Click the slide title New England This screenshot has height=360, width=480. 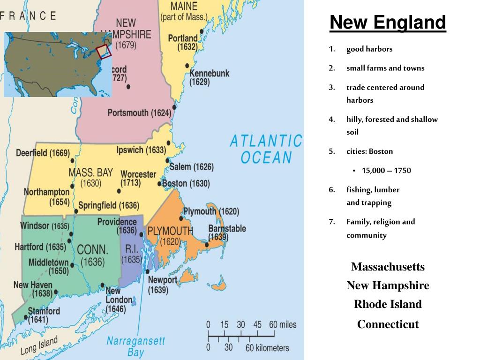tap(387, 22)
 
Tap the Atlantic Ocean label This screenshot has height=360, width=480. tap(266, 149)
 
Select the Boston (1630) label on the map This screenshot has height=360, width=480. tap(186, 183)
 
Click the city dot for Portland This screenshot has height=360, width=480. tap(202, 31)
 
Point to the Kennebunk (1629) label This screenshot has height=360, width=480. tap(209, 78)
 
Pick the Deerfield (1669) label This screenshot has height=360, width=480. tap(43, 153)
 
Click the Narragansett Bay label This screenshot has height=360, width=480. tap(135, 346)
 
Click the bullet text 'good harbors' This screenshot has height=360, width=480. tap(369, 49)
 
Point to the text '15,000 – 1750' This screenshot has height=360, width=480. tap(386, 170)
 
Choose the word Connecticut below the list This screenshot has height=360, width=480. tap(388, 324)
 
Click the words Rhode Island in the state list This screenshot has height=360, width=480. tap(388, 304)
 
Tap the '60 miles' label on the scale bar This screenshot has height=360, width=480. tap(283, 324)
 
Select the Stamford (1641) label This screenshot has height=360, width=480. tap(44, 315)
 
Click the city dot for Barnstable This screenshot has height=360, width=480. tap(207, 244)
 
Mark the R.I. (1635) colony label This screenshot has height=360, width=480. tap(131, 253)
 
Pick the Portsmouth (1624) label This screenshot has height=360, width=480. tap(139, 113)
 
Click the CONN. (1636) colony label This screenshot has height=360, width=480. tap(92, 255)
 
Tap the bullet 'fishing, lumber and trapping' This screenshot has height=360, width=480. tap(373, 196)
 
